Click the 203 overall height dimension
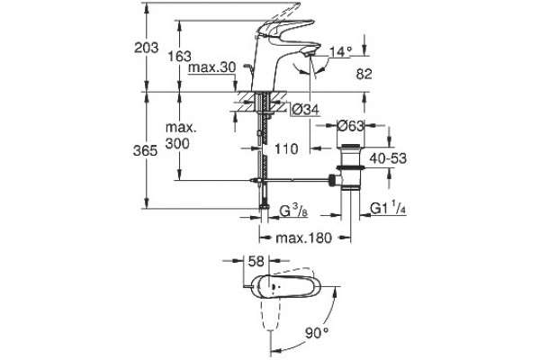click(147, 48)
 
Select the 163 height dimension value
click(180, 56)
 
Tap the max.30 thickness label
click(212, 67)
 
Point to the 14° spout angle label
click(341, 51)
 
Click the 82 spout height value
click(364, 74)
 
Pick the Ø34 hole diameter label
click(306, 110)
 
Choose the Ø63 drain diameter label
click(350, 126)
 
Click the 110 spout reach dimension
click(286, 148)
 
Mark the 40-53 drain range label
click(388, 158)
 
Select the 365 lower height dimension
click(145, 150)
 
